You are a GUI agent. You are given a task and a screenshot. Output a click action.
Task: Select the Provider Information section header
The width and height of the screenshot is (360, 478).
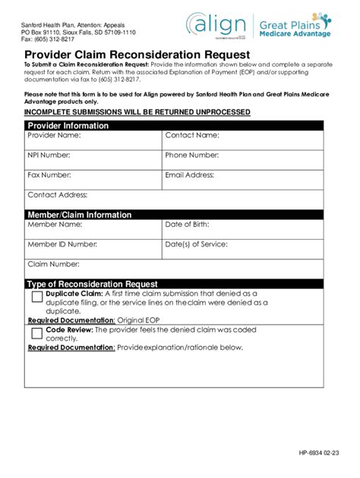click(x=68, y=125)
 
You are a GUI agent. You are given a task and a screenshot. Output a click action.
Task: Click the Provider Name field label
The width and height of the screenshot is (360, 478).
click(x=54, y=136)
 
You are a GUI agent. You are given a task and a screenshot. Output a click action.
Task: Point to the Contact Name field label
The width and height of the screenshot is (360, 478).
click(x=192, y=136)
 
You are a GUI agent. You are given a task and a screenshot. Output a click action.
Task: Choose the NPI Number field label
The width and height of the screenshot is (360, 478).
click(x=49, y=156)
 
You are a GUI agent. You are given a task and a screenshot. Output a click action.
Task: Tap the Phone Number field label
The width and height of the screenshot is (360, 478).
click(x=192, y=156)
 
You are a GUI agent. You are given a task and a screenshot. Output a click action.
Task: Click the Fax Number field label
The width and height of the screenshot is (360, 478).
click(x=49, y=175)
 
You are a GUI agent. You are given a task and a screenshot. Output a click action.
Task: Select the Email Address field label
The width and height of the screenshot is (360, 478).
click(x=190, y=175)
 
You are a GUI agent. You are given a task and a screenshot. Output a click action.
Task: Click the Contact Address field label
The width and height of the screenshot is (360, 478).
click(x=58, y=195)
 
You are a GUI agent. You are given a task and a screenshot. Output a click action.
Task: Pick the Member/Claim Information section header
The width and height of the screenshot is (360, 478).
click(x=79, y=215)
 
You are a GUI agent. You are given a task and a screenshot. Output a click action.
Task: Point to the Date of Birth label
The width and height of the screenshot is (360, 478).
click(x=187, y=225)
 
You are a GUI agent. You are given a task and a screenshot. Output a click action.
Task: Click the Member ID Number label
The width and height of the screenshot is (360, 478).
click(x=62, y=245)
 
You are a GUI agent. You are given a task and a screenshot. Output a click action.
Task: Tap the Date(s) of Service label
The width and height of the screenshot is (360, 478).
click(x=196, y=245)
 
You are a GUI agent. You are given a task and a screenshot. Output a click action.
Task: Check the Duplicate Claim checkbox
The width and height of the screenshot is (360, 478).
click(x=36, y=297)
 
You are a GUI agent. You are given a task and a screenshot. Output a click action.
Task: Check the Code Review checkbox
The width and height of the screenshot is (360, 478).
click(x=36, y=333)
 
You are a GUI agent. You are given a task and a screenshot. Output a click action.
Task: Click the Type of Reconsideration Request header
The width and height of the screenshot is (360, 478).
click(x=92, y=285)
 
